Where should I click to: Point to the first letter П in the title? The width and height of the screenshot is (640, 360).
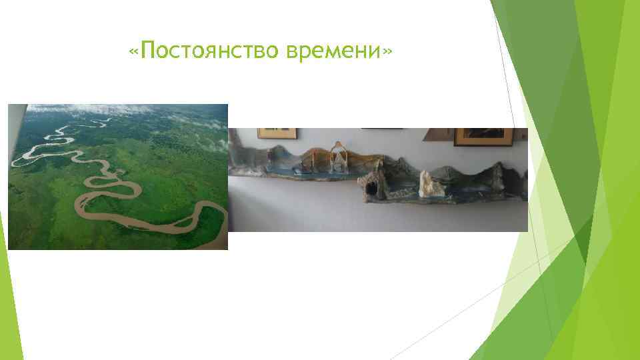pyautogui.click(x=149, y=51)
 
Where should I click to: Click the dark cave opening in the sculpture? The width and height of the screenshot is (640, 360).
pyautogui.click(x=371, y=187)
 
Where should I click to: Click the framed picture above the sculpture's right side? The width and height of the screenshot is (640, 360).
pyautogui.click(x=484, y=136)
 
